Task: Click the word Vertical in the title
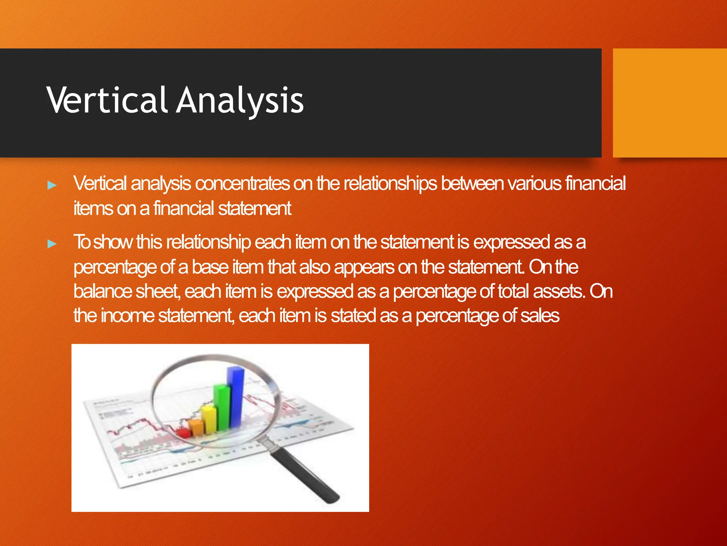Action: (x=106, y=101)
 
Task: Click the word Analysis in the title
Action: (x=240, y=101)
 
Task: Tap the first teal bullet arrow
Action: (x=52, y=185)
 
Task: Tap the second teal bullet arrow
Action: (x=52, y=244)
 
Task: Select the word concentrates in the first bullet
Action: (x=242, y=184)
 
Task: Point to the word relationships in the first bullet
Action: (x=390, y=184)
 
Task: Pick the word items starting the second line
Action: (x=93, y=209)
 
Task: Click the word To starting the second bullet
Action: (x=82, y=242)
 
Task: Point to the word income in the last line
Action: (x=127, y=316)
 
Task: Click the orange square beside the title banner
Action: (x=669, y=103)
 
